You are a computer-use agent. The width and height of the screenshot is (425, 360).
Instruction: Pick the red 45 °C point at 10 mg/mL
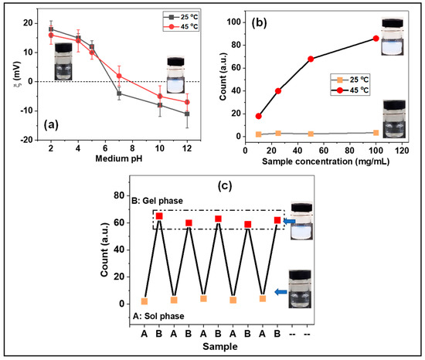tap(259, 116)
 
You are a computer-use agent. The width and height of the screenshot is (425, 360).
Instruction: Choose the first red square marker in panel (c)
tap(159, 216)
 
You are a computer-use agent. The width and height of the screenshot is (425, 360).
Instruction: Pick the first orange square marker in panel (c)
tap(144, 301)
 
